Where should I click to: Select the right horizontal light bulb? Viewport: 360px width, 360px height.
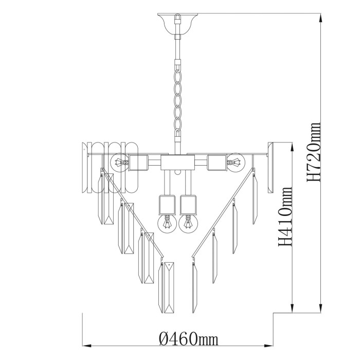pos(237,164)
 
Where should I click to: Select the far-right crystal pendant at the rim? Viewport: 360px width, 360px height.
pos(271,167)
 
